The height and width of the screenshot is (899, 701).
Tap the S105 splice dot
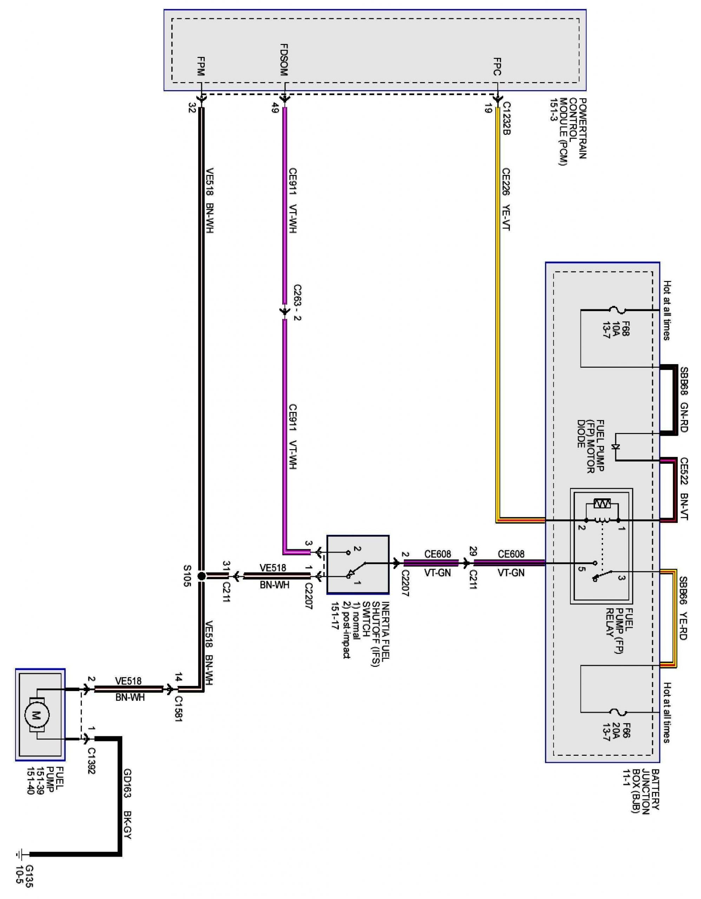pyautogui.click(x=201, y=576)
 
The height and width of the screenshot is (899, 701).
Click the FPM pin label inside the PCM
pyautogui.click(x=201, y=66)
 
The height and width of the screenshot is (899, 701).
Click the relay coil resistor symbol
pyautogui.click(x=602, y=503)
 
